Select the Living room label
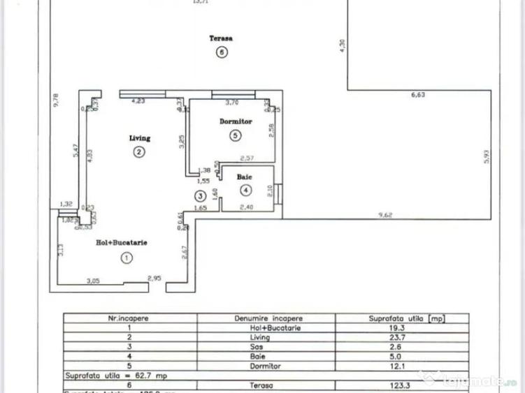click(139, 138)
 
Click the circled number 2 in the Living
click(139, 152)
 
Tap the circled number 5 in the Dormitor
click(235, 135)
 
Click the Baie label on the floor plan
click(243, 177)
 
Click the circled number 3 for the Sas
click(201, 197)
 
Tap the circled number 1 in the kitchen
click(126, 258)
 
